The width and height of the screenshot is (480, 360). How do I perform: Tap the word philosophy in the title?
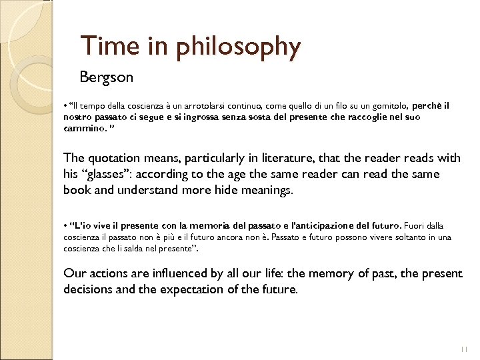point(238,47)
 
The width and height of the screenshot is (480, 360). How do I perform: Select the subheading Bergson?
point(106,77)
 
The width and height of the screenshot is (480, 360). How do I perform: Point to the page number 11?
point(464,349)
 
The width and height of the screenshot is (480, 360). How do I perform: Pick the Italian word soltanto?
point(410,237)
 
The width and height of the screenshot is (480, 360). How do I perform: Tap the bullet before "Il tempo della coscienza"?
point(65,105)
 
